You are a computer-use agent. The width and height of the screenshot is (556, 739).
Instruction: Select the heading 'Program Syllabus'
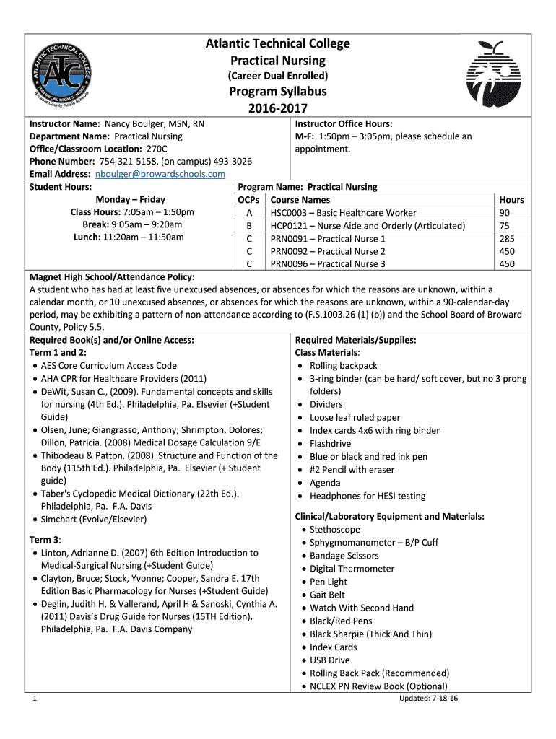278,92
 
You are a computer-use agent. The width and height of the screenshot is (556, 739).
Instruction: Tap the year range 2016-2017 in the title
278,108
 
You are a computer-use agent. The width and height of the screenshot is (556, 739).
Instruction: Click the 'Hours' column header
511,200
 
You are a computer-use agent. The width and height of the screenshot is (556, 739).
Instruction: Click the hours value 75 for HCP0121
504,226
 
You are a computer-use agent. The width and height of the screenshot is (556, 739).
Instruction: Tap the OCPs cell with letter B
249,226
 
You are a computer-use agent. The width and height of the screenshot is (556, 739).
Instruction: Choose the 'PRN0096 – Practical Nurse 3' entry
328,264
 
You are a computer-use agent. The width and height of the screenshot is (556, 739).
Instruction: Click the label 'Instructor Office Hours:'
344,123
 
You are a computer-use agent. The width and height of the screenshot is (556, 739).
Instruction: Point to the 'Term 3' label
45,540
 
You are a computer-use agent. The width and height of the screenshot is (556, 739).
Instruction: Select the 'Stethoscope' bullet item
334,530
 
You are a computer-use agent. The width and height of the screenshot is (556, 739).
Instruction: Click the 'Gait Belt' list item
327,595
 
